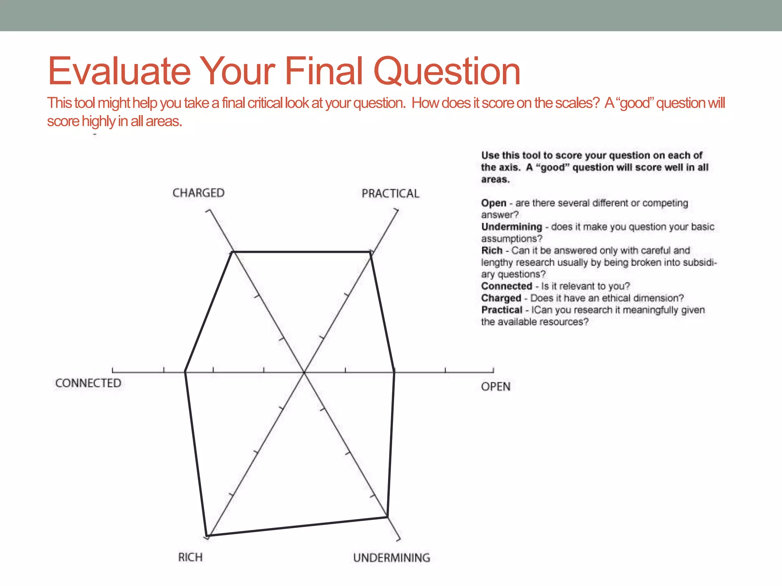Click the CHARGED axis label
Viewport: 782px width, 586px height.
199,193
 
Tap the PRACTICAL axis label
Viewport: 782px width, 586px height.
390,194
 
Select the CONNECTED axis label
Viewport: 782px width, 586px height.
88,383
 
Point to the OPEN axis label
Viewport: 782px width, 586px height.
496,387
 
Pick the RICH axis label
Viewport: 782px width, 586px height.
190,557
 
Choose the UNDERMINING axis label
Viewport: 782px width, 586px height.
391,558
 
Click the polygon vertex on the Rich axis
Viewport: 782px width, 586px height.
207,536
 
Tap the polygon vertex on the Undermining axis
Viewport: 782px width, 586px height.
387,517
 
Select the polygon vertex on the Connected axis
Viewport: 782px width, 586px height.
185,372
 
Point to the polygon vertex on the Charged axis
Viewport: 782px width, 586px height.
233,252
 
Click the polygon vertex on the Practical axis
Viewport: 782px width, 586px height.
371,252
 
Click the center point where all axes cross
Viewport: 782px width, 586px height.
304,372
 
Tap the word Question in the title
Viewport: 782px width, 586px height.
447,71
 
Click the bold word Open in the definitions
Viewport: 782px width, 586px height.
494,203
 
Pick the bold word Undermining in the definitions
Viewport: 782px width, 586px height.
511,227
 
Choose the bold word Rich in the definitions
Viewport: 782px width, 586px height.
491,251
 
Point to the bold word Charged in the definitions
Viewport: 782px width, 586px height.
501,298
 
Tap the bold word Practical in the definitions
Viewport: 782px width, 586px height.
501,310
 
